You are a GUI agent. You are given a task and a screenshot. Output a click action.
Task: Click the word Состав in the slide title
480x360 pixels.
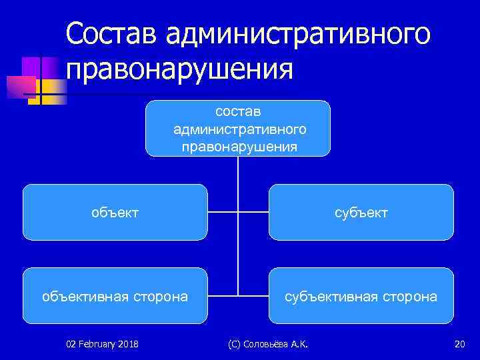(113, 33)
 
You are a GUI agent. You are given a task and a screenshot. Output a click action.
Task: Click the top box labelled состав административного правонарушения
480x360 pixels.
(238, 128)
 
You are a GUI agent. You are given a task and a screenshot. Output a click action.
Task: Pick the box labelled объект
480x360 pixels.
(115, 212)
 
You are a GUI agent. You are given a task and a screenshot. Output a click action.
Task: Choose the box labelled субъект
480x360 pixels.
(361, 212)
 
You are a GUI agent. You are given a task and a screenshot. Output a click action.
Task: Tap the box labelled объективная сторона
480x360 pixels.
(115, 295)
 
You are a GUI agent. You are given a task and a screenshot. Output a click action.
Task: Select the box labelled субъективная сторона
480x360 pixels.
(361, 295)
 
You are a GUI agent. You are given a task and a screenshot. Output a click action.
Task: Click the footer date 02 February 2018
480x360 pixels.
(102, 344)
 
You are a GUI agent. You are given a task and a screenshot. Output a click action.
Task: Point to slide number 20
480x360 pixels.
(459, 344)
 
